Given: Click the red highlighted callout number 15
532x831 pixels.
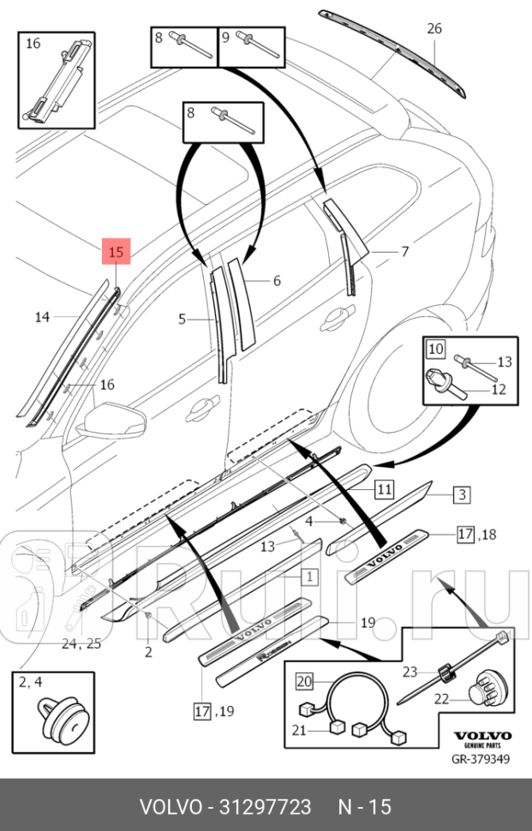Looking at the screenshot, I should (x=117, y=252).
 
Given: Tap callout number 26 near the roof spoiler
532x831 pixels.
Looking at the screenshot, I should (x=434, y=29).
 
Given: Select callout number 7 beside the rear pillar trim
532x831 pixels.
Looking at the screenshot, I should (x=405, y=252).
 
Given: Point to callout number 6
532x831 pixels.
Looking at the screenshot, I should (x=277, y=281).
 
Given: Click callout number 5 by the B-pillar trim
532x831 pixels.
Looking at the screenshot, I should (x=182, y=320).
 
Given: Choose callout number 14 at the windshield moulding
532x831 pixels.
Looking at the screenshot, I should (x=42, y=318).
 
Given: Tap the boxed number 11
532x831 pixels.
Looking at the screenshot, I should (x=384, y=490).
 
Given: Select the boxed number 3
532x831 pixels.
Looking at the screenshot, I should (x=461, y=494).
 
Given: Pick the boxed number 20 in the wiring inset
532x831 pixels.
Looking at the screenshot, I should (x=304, y=682).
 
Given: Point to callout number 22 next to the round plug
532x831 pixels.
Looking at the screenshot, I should (x=441, y=699).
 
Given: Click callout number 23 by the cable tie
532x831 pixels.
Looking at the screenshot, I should (x=409, y=673).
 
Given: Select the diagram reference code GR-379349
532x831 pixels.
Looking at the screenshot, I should (x=481, y=758).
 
